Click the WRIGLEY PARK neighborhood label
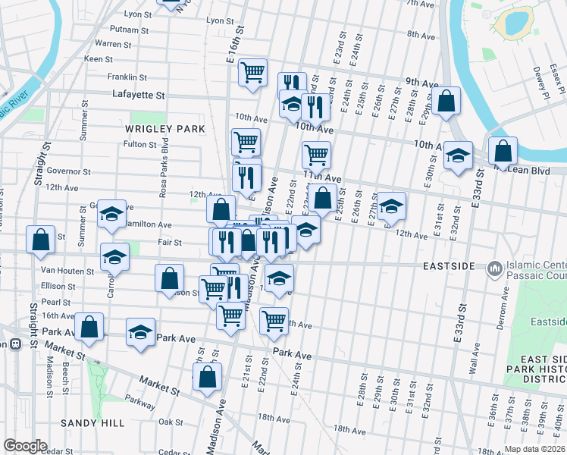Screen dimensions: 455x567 tap(164, 129)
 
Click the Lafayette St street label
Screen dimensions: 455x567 tap(139, 96)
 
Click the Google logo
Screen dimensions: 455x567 tap(24, 446)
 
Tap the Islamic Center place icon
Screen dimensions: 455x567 tap(495, 268)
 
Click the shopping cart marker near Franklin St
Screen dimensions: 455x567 tap(252, 73)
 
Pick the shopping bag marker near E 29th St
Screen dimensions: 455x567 tap(446, 101)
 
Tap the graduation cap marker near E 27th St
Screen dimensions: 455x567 tap(392, 206)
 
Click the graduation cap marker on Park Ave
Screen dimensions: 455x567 tap(140, 332)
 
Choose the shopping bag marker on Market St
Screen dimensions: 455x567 tap(208, 377)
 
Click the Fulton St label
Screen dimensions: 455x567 tap(139, 144)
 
